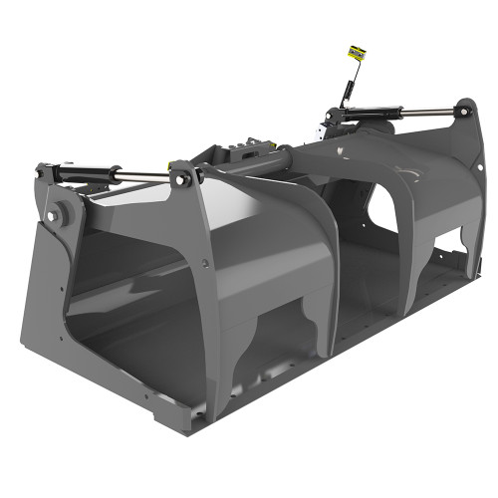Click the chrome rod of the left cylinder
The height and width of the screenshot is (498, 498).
tap(139, 177)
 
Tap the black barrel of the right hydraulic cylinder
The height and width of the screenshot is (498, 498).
tap(369, 118)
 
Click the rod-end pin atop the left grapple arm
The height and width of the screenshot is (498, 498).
tap(182, 177)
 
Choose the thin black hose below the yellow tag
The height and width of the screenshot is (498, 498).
tap(348, 85)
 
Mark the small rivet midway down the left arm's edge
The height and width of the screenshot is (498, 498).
tap(203, 265)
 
